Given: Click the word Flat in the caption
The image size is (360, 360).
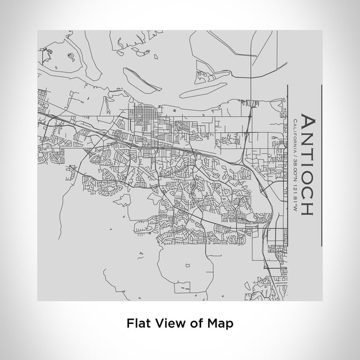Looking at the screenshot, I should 138,322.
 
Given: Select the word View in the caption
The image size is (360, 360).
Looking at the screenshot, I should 169,322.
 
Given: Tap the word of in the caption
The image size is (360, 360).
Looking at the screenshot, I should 196,322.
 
